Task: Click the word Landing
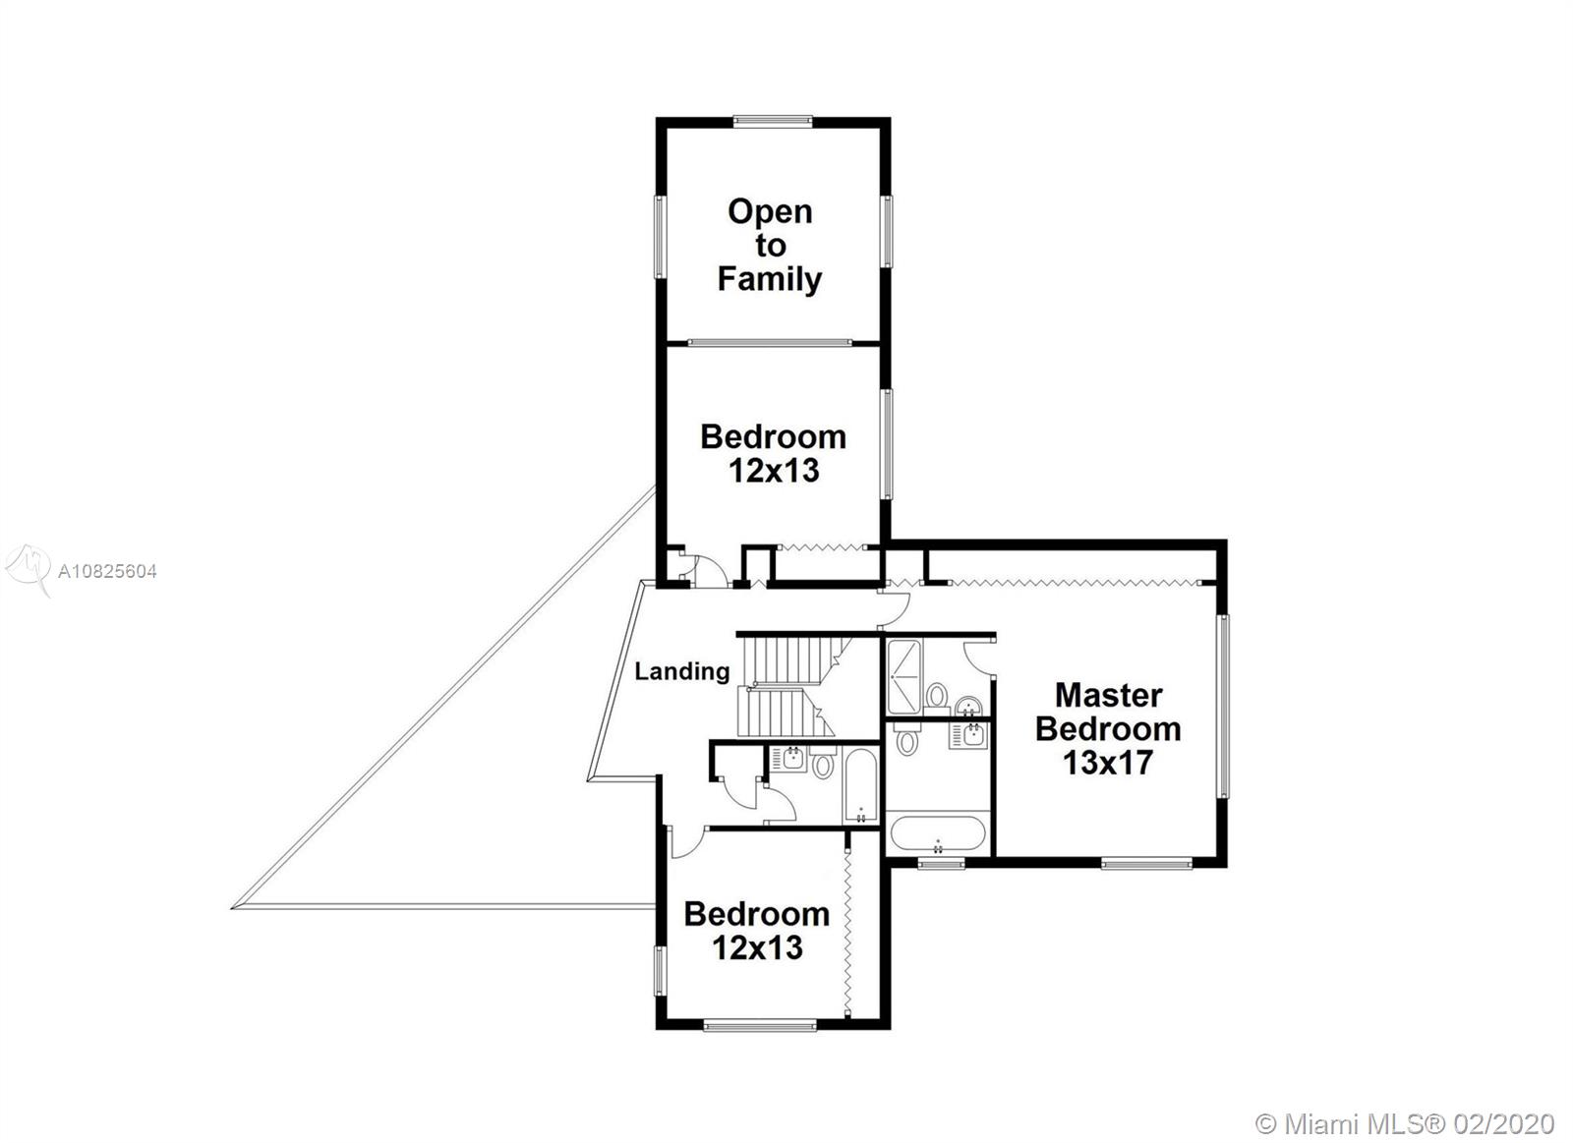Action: [682, 672]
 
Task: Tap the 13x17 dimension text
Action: [1107, 763]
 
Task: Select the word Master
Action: [1108, 695]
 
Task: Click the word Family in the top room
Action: [769, 279]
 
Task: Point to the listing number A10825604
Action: [107, 572]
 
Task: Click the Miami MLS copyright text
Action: [1405, 1105]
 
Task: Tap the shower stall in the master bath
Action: [904, 677]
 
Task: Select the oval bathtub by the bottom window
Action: [938, 833]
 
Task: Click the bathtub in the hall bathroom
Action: [860, 785]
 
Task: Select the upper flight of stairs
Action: [793, 660]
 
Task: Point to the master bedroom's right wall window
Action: [1223, 707]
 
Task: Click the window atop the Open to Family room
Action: [773, 122]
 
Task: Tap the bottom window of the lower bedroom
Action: [760, 1026]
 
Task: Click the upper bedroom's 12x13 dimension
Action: [773, 471]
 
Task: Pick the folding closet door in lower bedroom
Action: [847, 932]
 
